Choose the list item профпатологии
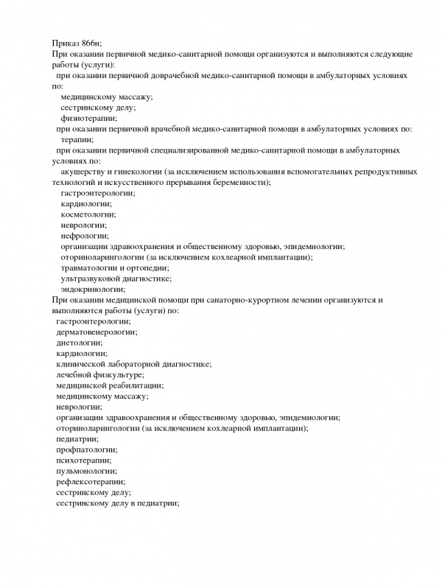[x=85, y=449]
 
